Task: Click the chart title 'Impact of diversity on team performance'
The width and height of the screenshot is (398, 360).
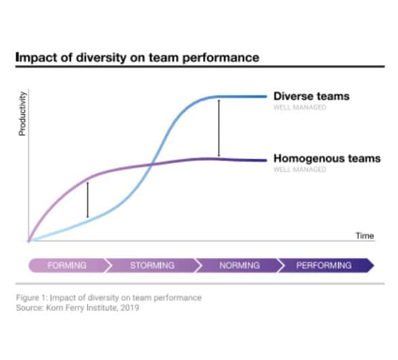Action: (x=137, y=58)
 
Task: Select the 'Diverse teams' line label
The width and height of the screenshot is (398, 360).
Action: (x=311, y=96)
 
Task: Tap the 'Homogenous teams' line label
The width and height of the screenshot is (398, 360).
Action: (x=327, y=159)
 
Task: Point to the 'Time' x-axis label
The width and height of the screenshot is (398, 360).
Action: (x=365, y=235)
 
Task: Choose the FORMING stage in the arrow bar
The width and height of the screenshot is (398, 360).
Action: (x=67, y=265)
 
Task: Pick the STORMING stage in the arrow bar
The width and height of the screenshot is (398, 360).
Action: (x=152, y=265)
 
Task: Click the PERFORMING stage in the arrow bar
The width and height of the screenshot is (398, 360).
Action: (x=324, y=265)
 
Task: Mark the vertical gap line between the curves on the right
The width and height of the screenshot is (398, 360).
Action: (x=219, y=128)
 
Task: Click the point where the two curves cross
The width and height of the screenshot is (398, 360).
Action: (x=152, y=164)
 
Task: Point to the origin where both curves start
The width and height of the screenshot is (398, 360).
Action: (x=29, y=240)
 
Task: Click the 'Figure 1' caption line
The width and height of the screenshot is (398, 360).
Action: (x=109, y=298)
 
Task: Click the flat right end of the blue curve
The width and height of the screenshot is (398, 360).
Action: (x=261, y=96)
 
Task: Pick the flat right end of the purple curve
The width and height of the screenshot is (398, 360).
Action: (x=261, y=160)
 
